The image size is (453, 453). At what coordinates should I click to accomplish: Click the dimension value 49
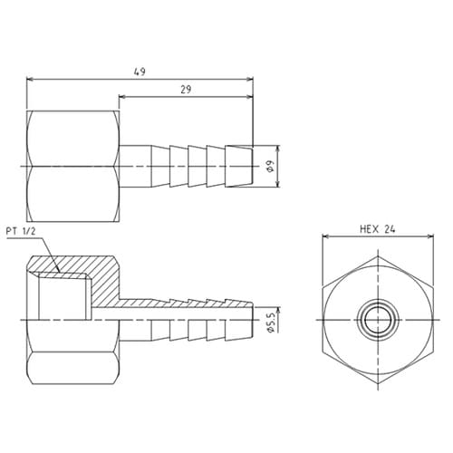pyautogui.click(x=140, y=70)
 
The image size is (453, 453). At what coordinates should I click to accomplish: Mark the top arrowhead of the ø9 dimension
pyautogui.click(x=272, y=149)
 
